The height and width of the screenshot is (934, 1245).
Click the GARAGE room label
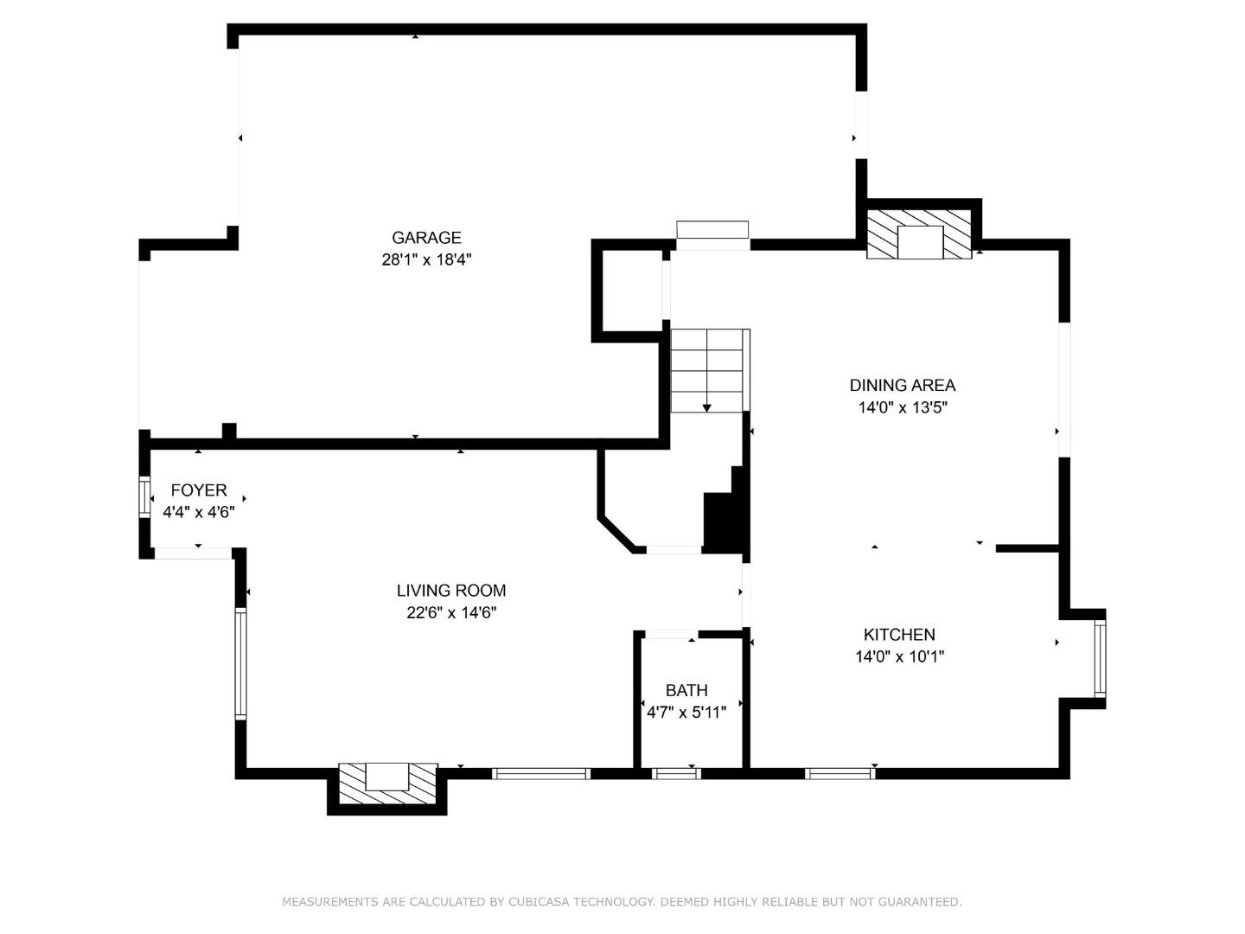point(426,238)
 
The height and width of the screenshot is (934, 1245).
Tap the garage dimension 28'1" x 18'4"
point(426,259)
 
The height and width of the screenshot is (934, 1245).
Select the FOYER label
point(199,490)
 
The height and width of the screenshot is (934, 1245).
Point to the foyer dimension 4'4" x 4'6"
point(199,512)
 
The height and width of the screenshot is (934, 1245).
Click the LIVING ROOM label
point(451,591)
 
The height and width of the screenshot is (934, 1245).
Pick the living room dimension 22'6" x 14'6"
point(451,612)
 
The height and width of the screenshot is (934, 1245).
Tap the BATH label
point(686,690)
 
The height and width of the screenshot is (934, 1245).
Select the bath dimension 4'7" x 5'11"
point(686,713)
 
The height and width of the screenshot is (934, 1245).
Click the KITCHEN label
point(899,635)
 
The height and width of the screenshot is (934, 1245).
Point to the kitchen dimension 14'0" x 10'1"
point(899,656)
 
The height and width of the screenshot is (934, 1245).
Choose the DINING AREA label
point(903,386)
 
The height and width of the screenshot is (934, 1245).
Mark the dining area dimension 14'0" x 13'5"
point(903,407)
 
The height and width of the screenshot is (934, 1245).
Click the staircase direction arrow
point(707,406)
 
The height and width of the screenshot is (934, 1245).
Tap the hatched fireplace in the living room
point(387,782)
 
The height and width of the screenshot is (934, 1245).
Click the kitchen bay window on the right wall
point(1099,658)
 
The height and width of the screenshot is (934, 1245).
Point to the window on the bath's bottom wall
point(676,773)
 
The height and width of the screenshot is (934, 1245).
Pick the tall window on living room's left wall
point(240,663)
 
